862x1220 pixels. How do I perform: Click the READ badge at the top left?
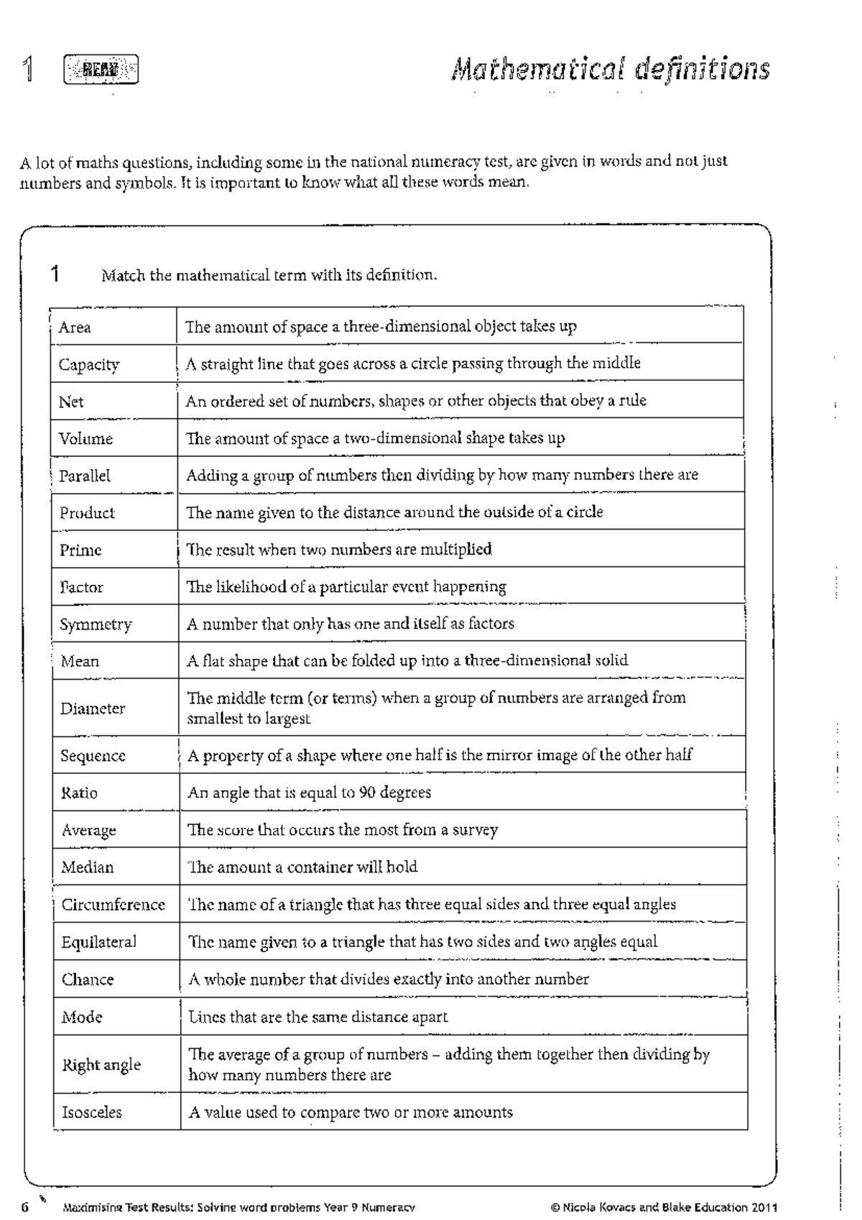point(101,70)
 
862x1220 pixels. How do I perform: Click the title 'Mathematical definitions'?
point(611,70)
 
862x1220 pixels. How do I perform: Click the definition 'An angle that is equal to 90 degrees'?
point(309,792)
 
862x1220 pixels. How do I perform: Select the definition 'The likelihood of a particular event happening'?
point(346,587)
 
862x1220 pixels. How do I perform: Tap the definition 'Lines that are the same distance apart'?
point(318,1017)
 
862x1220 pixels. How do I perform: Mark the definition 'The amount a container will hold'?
point(302,867)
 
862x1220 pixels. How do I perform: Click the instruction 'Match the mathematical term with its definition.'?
point(269,275)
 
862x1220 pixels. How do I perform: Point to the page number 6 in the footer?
point(25,1207)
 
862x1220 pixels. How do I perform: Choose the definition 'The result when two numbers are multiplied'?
point(339,550)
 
